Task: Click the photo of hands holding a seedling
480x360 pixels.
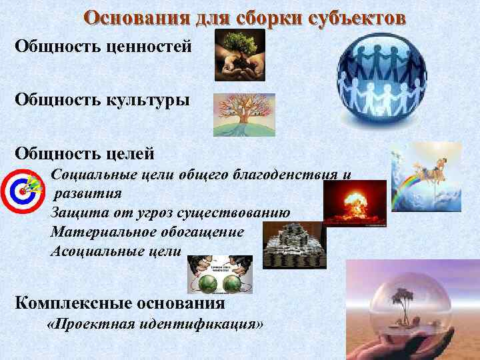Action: (x=239, y=55)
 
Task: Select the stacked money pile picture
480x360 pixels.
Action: (x=294, y=245)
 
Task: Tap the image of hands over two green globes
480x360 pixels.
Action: (x=221, y=275)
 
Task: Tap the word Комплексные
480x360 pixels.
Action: (x=68, y=303)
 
